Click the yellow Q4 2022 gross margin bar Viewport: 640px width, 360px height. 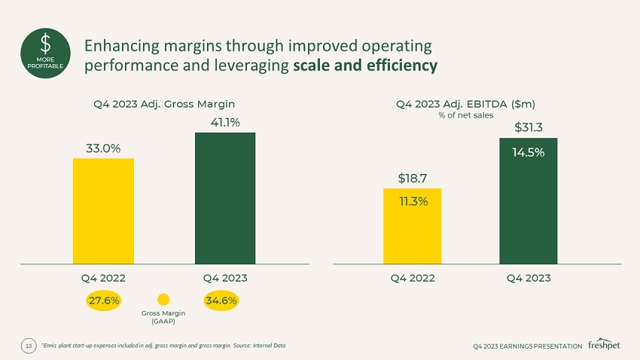[x=103, y=211]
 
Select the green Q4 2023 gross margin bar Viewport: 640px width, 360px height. [x=225, y=198]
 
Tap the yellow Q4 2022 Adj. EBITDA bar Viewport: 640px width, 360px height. [x=412, y=226]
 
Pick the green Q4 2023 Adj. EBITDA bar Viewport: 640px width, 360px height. [x=528, y=201]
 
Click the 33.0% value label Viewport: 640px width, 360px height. [x=103, y=148]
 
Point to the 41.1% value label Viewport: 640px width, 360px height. [x=225, y=122]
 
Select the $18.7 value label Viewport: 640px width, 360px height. [x=413, y=178]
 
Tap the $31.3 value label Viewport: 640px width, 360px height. [x=529, y=128]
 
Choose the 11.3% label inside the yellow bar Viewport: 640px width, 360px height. [x=413, y=201]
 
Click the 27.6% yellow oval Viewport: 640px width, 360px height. [x=103, y=301]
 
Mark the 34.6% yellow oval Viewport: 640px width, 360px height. [x=221, y=301]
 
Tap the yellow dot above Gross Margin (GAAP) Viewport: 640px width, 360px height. [x=163, y=301]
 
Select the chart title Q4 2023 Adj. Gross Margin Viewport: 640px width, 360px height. [x=163, y=103]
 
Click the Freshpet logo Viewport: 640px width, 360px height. [x=605, y=343]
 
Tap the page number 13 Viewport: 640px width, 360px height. [x=29, y=346]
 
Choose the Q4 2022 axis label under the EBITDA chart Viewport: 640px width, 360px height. [x=413, y=278]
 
